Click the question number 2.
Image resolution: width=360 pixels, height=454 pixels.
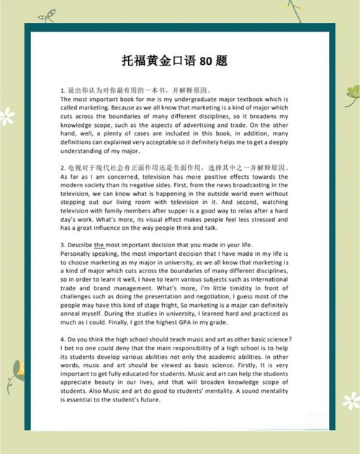tap(63, 167)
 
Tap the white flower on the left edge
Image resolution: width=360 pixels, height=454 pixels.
tap(7, 115)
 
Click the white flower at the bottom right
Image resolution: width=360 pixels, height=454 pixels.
tap(351, 401)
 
